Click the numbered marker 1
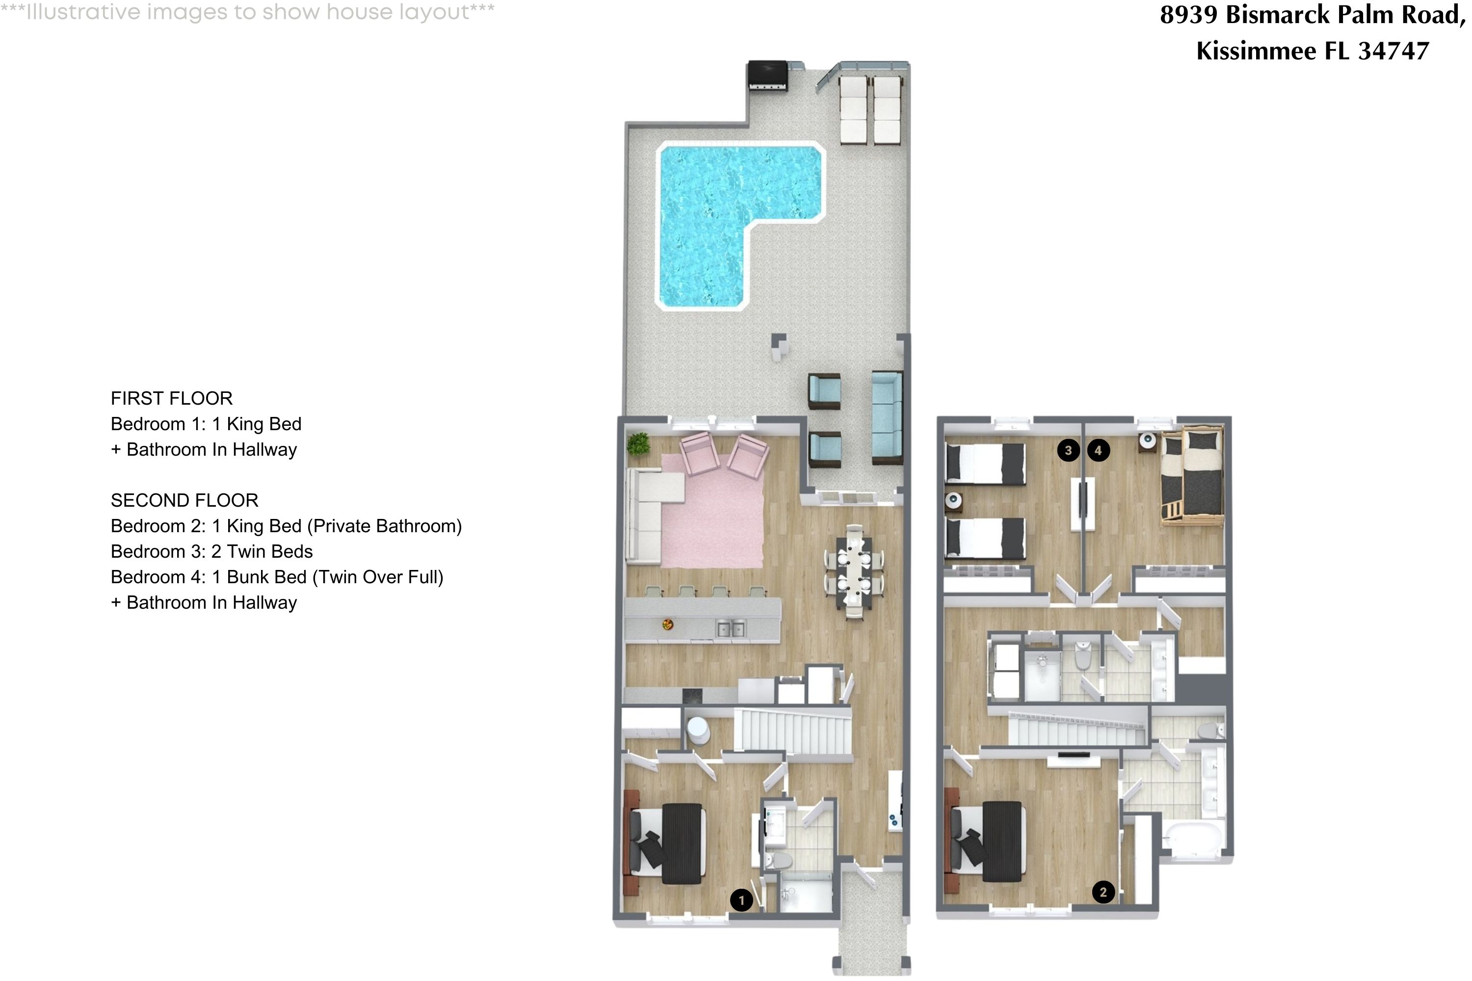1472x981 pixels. pyautogui.click(x=741, y=900)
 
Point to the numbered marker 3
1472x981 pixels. pyautogui.click(x=1068, y=450)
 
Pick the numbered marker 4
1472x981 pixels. pyautogui.click(x=1099, y=450)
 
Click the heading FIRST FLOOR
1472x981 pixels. pyautogui.click(x=171, y=398)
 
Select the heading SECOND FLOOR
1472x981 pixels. pyautogui.click(x=184, y=500)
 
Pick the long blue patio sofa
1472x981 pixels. pyautogui.click(x=887, y=418)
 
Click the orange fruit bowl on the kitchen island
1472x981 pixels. pyautogui.click(x=668, y=624)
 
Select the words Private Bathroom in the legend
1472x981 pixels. pyautogui.click(x=387, y=526)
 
